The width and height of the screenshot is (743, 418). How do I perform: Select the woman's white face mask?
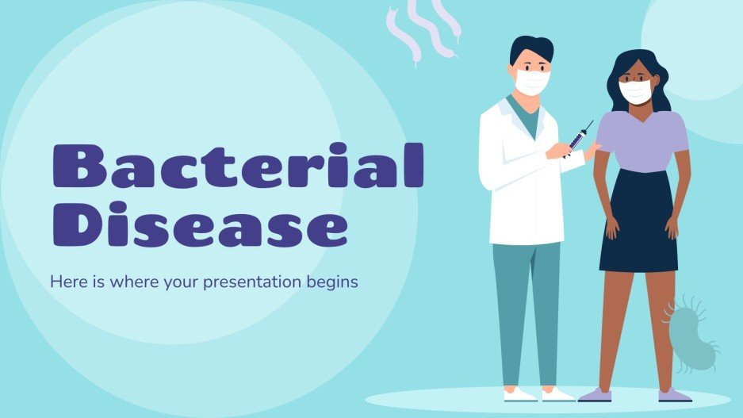[x=634, y=91]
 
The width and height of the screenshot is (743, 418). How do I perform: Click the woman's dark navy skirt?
[x=638, y=222]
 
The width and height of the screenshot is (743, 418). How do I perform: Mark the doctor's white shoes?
[x=539, y=394]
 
